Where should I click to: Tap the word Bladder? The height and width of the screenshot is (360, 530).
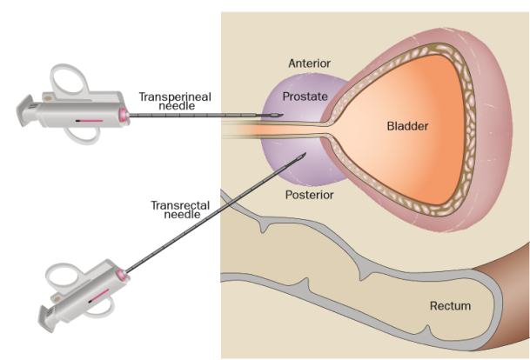[x=408, y=127]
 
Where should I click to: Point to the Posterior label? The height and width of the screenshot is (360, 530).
[x=310, y=194]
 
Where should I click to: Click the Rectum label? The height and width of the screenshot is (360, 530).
[x=450, y=306]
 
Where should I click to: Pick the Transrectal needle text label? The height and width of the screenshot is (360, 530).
[x=172, y=210]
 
